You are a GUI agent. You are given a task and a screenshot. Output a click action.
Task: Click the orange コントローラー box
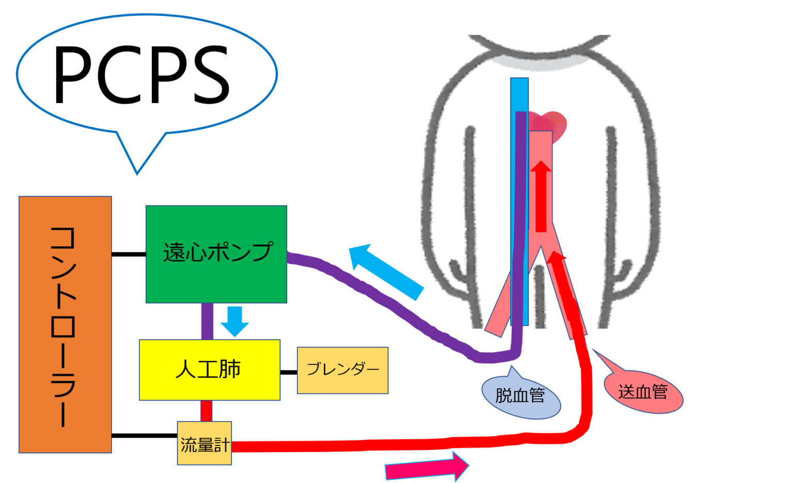coord(65,324)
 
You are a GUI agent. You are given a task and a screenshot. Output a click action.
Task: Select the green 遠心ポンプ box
coord(216,254)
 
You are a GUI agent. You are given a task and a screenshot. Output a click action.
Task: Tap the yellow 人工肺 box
coord(210,369)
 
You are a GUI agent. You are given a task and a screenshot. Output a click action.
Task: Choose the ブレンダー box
coord(343,370)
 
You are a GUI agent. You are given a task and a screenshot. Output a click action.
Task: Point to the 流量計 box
coord(204,443)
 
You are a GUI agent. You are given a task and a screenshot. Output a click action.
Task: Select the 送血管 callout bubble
coord(643,392)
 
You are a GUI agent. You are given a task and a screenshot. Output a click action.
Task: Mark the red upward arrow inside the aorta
coord(541,196)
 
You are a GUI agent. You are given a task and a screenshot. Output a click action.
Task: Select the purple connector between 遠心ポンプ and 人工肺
coord(207,321)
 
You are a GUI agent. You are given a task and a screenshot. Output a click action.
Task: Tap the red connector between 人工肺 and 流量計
coord(206,411)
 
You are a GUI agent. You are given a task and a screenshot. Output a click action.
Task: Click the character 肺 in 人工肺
coord(230,369)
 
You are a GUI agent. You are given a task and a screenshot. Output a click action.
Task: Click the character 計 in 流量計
coord(221,444)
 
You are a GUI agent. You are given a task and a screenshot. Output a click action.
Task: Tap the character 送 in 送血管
coord(626,392)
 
